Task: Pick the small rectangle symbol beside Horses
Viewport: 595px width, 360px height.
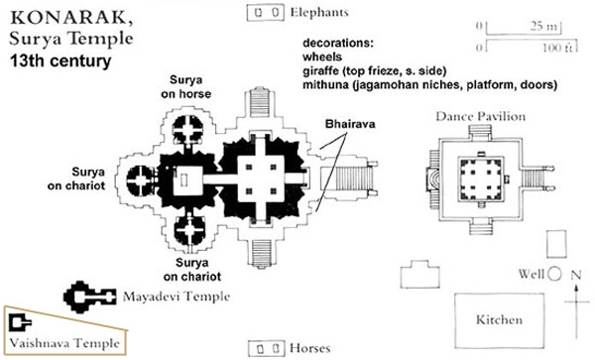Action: click(x=264, y=349)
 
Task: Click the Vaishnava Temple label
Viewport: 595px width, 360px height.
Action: click(x=65, y=343)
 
